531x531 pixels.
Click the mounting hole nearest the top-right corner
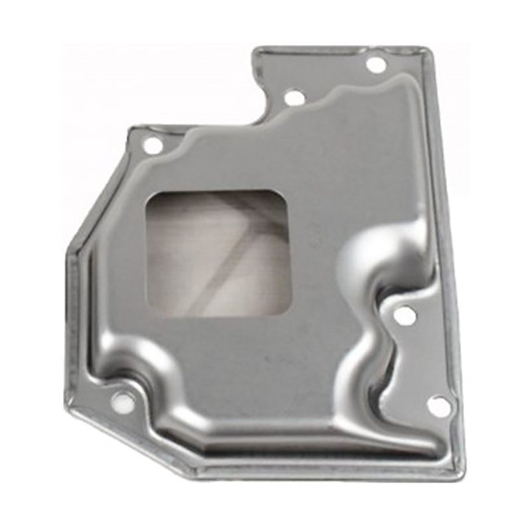(376, 65)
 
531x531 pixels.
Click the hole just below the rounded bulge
(405, 317)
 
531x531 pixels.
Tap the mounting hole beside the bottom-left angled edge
(121, 400)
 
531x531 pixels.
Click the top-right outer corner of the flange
(425, 48)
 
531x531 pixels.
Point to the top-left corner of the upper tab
(256, 49)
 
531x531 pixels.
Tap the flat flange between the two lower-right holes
(425, 362)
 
